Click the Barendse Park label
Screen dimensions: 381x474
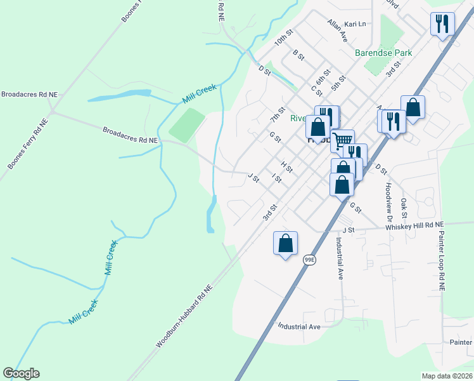(x=383, y=53)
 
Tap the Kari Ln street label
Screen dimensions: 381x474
(x=355, y=24)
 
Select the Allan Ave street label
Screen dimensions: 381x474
(x=338, y=30)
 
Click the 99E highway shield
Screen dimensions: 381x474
(x=309, y=259)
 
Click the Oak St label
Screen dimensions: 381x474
(x=404, y=205)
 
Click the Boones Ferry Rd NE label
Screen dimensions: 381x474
(x=27, y=144)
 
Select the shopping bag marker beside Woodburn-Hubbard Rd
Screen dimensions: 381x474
(x=285, y=242)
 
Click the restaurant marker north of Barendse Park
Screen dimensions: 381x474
(x=442, y=24)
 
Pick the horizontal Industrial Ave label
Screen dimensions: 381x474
(x=299, y=326)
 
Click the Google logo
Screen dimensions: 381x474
(x=21, y=373)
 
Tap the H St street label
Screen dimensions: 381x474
(x=286, y=166)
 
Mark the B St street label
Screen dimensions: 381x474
(x=299, y=56)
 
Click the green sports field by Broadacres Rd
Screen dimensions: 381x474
(x=187, y=125)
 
